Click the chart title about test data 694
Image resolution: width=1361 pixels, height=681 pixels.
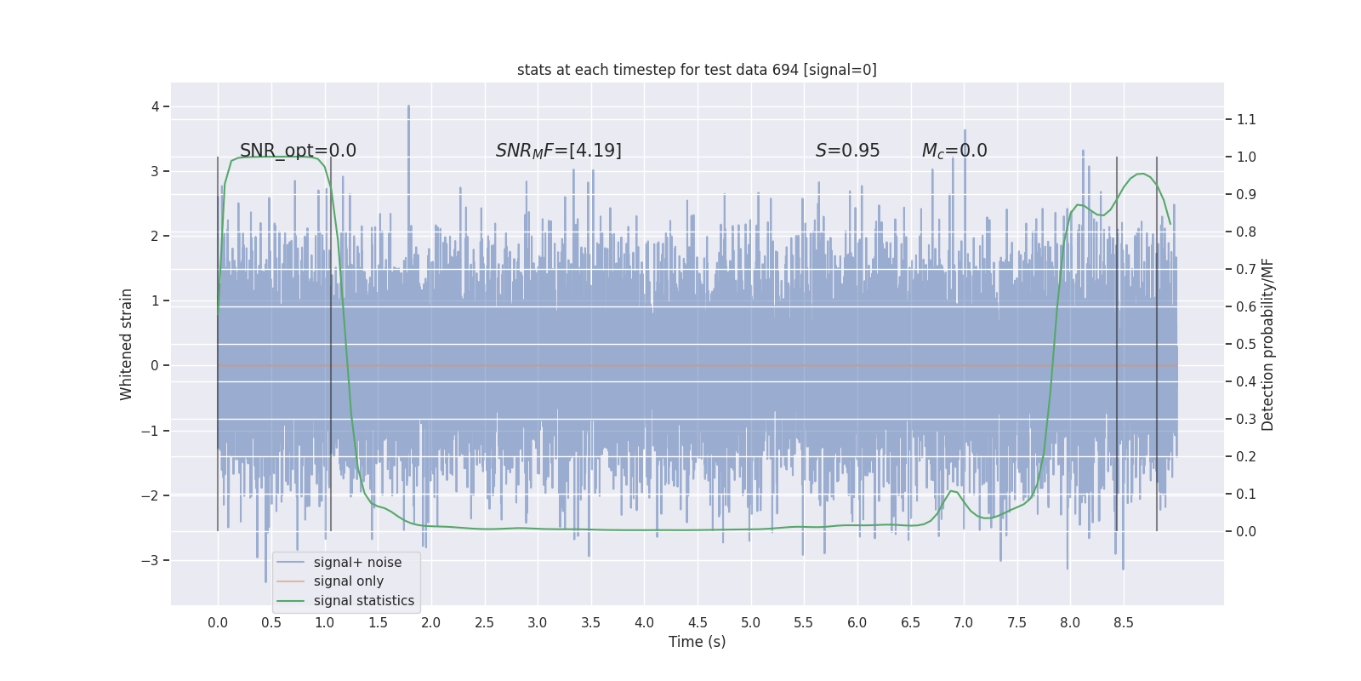[x=697, y=70]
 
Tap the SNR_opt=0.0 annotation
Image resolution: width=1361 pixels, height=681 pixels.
[x=298, y=151]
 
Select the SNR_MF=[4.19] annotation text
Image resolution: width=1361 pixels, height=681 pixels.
[x=558, y=151]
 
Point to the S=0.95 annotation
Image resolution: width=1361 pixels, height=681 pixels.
[x=847, y=151]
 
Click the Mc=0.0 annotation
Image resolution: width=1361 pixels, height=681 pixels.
[x=954, y=151]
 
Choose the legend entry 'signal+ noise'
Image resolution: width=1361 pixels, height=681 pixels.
[x=357, y=563]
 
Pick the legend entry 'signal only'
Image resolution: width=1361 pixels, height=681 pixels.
[x=348, y=581]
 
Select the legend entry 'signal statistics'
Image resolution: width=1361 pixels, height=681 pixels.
[x=363, y=601]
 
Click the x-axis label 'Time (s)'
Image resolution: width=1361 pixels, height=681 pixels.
[x=697, y=642]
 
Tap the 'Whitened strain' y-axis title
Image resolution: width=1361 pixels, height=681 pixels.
[x=127, y=344]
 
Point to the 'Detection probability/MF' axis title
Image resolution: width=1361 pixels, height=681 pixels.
[x=1267, y=344]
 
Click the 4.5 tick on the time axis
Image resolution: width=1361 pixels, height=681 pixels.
[x=698, y=622]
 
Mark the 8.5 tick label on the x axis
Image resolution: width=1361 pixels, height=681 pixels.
[x=1124, y=622]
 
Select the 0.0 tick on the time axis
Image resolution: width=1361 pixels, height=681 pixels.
[x=218, y=622]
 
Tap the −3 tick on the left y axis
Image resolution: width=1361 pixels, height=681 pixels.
[x=150, y=560]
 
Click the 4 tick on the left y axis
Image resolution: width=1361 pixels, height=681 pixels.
[x=155, y=106]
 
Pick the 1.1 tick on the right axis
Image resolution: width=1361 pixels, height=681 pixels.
[x=1246, y=119]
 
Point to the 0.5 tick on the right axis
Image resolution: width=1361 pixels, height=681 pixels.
[x=1246, y=344]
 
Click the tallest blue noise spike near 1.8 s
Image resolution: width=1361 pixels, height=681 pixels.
[x=408, y=107]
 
